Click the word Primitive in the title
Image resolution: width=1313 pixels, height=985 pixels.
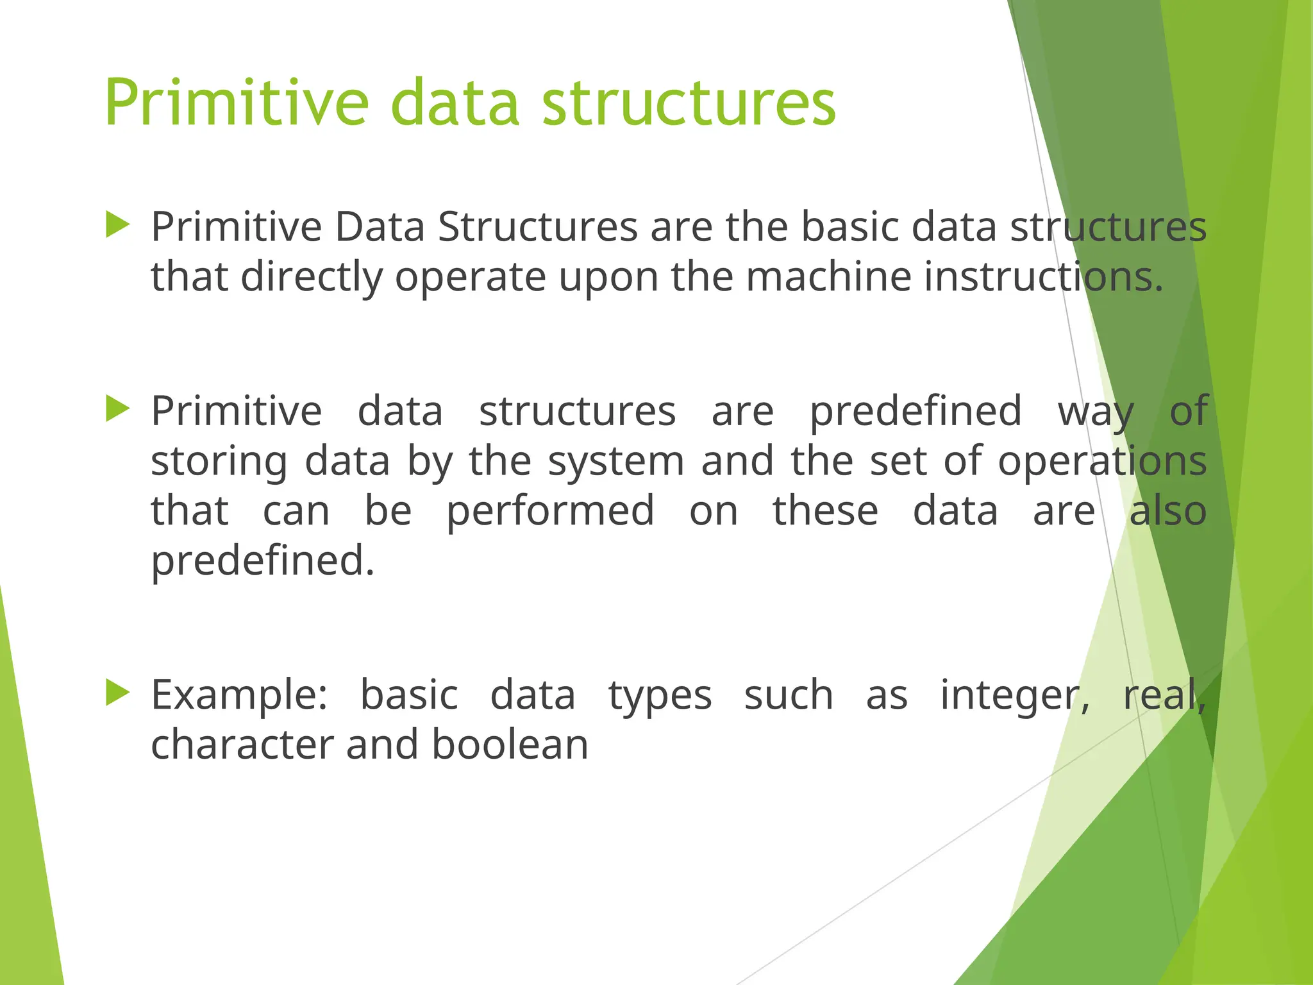tap(237, 103)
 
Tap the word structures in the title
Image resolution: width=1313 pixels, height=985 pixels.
tap(689, 103)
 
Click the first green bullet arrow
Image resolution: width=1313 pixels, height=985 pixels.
tap(118, 225)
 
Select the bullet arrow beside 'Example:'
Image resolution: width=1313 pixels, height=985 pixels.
tap(118, 693)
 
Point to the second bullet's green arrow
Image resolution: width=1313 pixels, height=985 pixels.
tap(118, 408)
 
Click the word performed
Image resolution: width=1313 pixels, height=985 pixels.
tap(550, 511)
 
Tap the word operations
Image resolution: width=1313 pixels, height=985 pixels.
tap(1102, 461)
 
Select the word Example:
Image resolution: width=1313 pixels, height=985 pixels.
tap(239, 695)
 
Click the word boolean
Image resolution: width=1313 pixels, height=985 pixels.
tap(510, 745)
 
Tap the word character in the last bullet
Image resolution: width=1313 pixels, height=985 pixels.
tap(242, 745)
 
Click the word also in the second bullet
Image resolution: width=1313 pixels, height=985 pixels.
tap(1167, 511)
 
